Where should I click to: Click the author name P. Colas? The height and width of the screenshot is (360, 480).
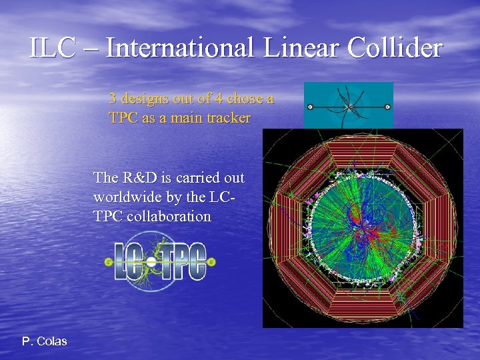pyautogui.click(x=44, y=341)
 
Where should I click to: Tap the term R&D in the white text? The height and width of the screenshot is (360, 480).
pyautogui.click(x=137, y=178)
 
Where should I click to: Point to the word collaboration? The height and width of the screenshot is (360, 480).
pyautogui.click(x=171, y=217)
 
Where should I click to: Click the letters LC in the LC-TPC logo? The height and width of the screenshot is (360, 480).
pyautogui.click(x=131, y=262)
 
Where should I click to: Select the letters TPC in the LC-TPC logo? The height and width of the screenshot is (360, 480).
pyautogui.click(x=183, y=262)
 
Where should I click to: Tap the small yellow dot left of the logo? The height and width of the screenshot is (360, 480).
pyautogui.click(x=109, y=263)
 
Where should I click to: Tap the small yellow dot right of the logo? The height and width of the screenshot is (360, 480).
pyautogui.click(x=211, y=262)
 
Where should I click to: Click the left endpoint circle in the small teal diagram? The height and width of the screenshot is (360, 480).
pyautogui.click(x=309, y=107)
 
